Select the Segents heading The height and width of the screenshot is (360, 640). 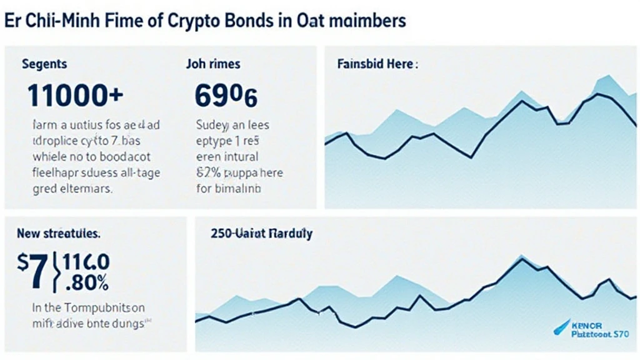pyautogui.click(x=44, y=64)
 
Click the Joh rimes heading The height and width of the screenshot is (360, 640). pyautogui.click(x=213, y=64)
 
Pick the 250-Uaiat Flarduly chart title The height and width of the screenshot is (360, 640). pyautogui.click(x=262, y=234)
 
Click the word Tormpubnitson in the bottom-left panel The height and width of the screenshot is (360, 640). pyautogui.click(x=102, y=307)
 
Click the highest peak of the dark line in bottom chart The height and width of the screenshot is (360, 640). pyautogui.click(x=520, y=260)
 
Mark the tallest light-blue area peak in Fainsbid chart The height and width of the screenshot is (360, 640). pyautogui.click(x=604, y=76)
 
